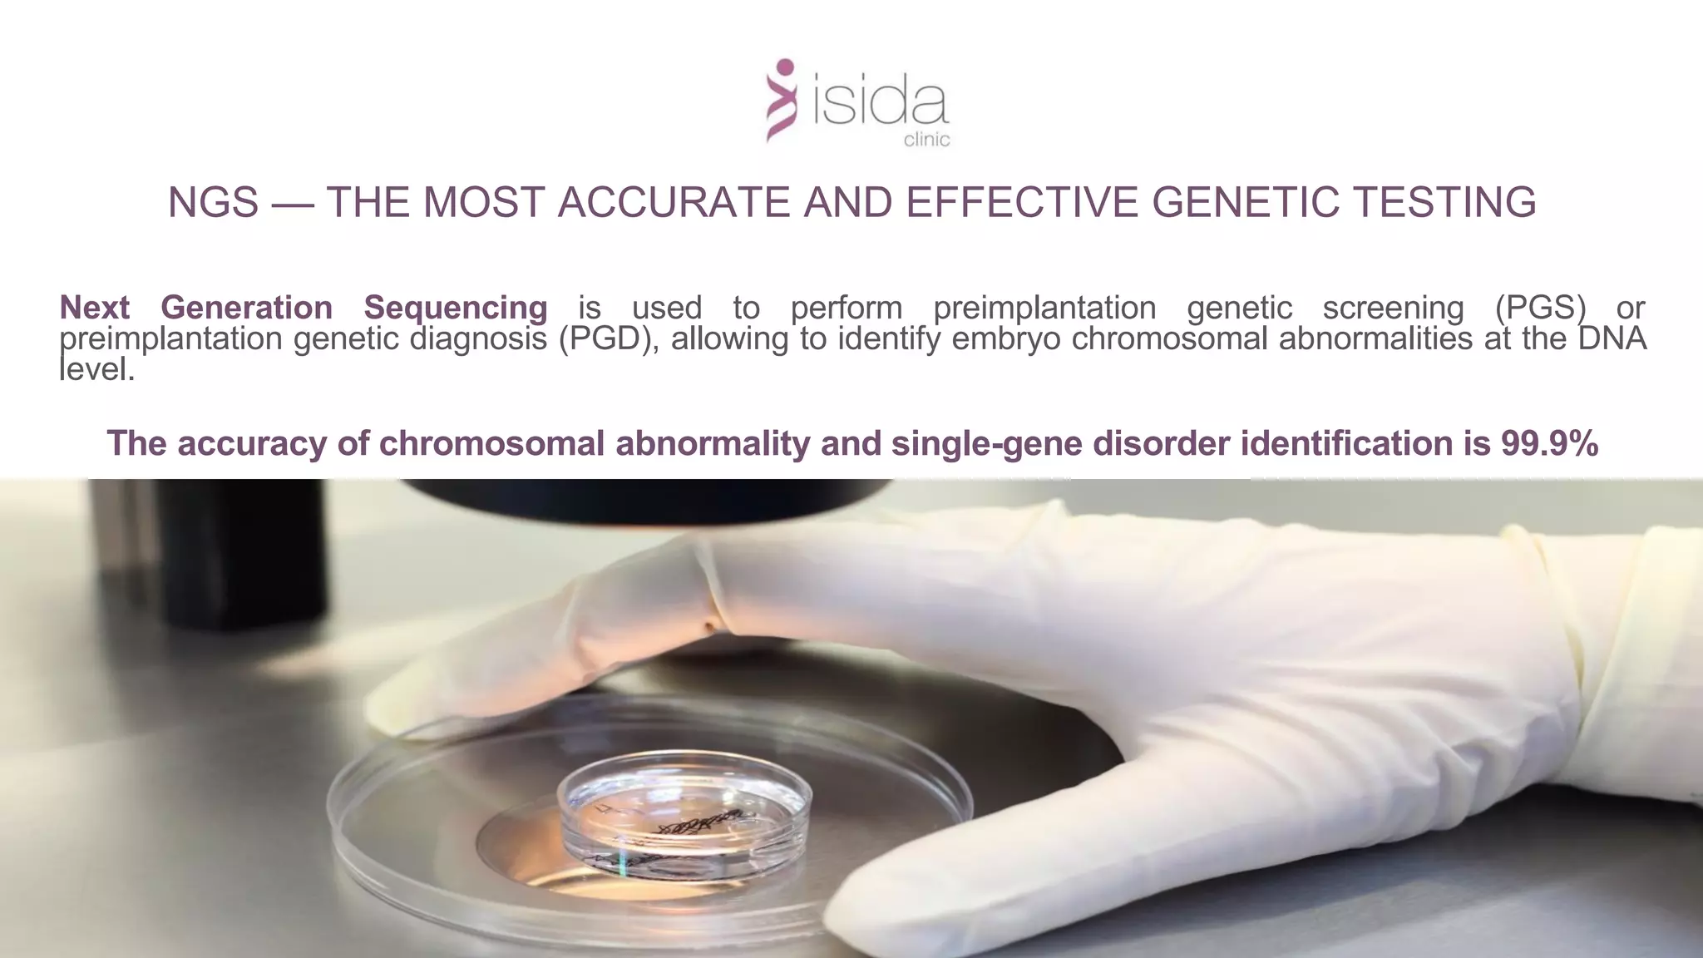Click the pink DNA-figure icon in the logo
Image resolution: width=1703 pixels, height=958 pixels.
coord(781,101)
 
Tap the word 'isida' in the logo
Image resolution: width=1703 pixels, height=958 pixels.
coord(879,105)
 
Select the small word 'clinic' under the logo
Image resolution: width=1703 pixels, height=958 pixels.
coord(926,140)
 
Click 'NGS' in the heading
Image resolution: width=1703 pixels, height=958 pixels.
coord(214,202)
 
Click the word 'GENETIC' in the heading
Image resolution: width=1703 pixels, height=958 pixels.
coord(1244,202)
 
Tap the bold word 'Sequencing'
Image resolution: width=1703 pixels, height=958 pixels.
coord(455,308)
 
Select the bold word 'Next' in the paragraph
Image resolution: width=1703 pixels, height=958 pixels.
coord(94,308)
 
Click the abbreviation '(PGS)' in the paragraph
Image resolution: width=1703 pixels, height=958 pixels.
coord(1539,308)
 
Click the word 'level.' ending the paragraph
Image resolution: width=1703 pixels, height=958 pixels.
coord(96,370)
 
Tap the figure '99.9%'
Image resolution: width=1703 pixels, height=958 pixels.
coord(1549,443)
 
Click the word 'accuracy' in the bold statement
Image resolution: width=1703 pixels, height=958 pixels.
coord(251,443)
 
